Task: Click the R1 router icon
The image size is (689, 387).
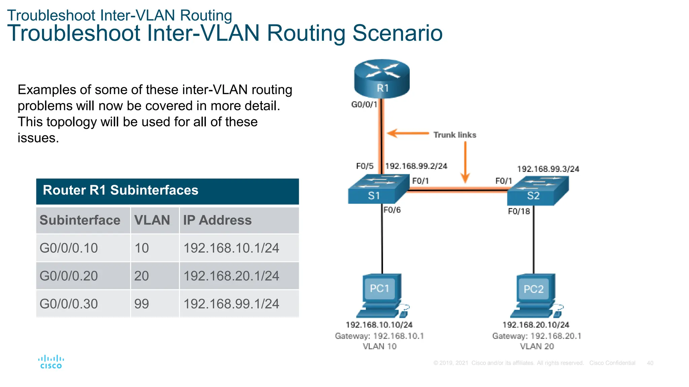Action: coord(382,79)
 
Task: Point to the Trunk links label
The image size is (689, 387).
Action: coord(455,135)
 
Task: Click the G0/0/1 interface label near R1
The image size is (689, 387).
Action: coord(364,104)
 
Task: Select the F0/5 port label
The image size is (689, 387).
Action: coord(365,166)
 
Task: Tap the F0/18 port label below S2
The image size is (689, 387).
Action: coord(519,211)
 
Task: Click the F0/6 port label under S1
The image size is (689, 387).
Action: coord(392,210)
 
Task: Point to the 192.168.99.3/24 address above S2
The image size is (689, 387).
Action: coord(548,169)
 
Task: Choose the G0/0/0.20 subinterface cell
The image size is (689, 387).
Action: coord(69,276)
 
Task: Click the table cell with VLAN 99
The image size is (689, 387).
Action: coord(142,304)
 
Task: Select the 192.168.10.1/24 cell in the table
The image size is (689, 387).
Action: coord(231,248)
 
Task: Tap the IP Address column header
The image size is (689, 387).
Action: coord(217,220)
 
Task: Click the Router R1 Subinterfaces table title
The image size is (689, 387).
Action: coord(120,190)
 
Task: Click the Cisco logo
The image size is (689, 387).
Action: coord(51,362)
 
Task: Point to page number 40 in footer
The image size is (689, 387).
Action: coord(650,363)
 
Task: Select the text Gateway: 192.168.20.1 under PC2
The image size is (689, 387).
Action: coord(537,336)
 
